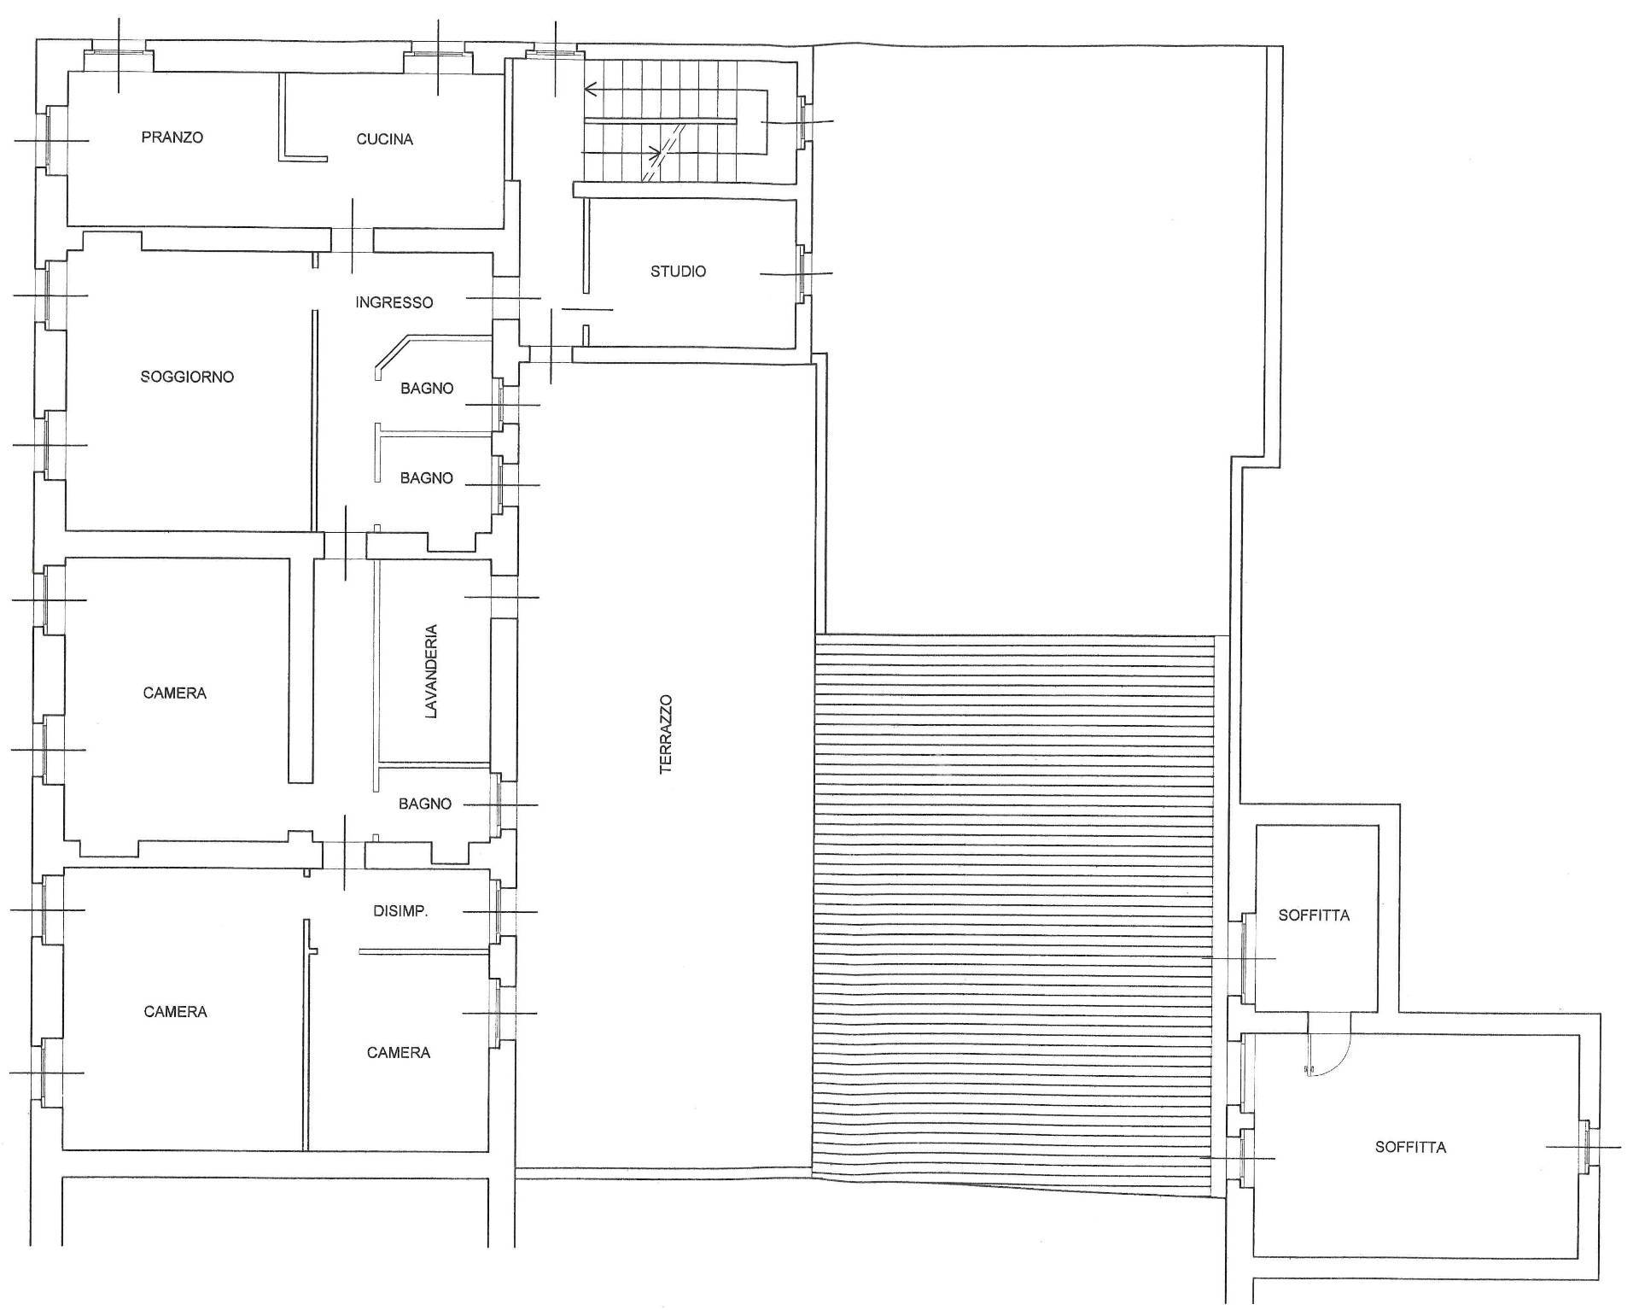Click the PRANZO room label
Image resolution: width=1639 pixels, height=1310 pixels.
[172, 137]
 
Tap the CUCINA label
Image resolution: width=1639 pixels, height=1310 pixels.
[385, 139]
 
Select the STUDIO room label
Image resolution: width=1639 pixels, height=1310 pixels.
[679, 272]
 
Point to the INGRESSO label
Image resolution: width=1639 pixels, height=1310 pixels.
[394, 302]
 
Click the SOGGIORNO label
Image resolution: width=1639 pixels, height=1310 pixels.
[187, 377]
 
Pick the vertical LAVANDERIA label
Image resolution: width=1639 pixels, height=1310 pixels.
[431, 671]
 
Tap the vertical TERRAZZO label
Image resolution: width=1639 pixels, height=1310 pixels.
[666, 734]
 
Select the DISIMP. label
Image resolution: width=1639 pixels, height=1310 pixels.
[400, 911]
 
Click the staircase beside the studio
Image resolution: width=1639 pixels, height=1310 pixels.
[674, 121]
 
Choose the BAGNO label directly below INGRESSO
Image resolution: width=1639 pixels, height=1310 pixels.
[427, 389]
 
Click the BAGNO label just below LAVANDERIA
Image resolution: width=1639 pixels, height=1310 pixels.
[425, 804]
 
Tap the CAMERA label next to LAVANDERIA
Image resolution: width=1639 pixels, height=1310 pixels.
[175, 693]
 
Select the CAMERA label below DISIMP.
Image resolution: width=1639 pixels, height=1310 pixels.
[399, 1053]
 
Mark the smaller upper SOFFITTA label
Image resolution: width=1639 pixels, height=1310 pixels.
[1314, 915]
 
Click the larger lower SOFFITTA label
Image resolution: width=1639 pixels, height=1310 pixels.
[1410, 1148]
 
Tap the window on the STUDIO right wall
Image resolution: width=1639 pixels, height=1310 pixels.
[802, 273]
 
